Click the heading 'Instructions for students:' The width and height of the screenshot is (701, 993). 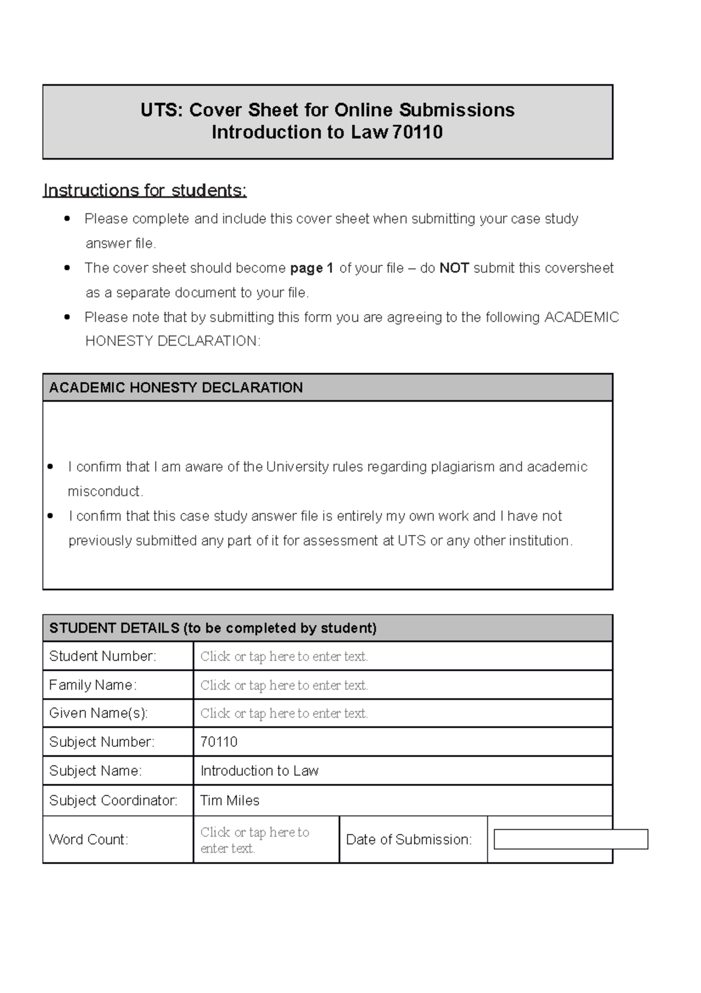click(x=145, y=191)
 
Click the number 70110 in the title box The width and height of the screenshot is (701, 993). click(x=417, y=133)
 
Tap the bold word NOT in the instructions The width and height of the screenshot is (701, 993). click(x=454, y=268)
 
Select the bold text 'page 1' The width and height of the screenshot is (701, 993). click(x=311, y=268)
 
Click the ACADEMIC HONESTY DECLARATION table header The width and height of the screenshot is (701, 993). click(x=176, y=388)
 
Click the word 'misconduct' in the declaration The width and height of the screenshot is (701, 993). click(x=105, y=492)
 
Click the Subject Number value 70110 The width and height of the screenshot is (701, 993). click(x=219, y=742)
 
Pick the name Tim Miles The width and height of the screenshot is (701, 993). click(x=230, y=801)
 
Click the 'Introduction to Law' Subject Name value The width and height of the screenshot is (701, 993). click(x=259, y=771)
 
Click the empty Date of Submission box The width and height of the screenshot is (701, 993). click(x=571, y=839)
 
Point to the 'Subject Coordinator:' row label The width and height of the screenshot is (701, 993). click(x=113, y=801)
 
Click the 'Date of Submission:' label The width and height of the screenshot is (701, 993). click(x=408, y=840)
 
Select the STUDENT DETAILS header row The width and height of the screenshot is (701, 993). click(x=213, y=629)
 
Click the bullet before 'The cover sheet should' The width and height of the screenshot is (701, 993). click(x=68, y=268)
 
